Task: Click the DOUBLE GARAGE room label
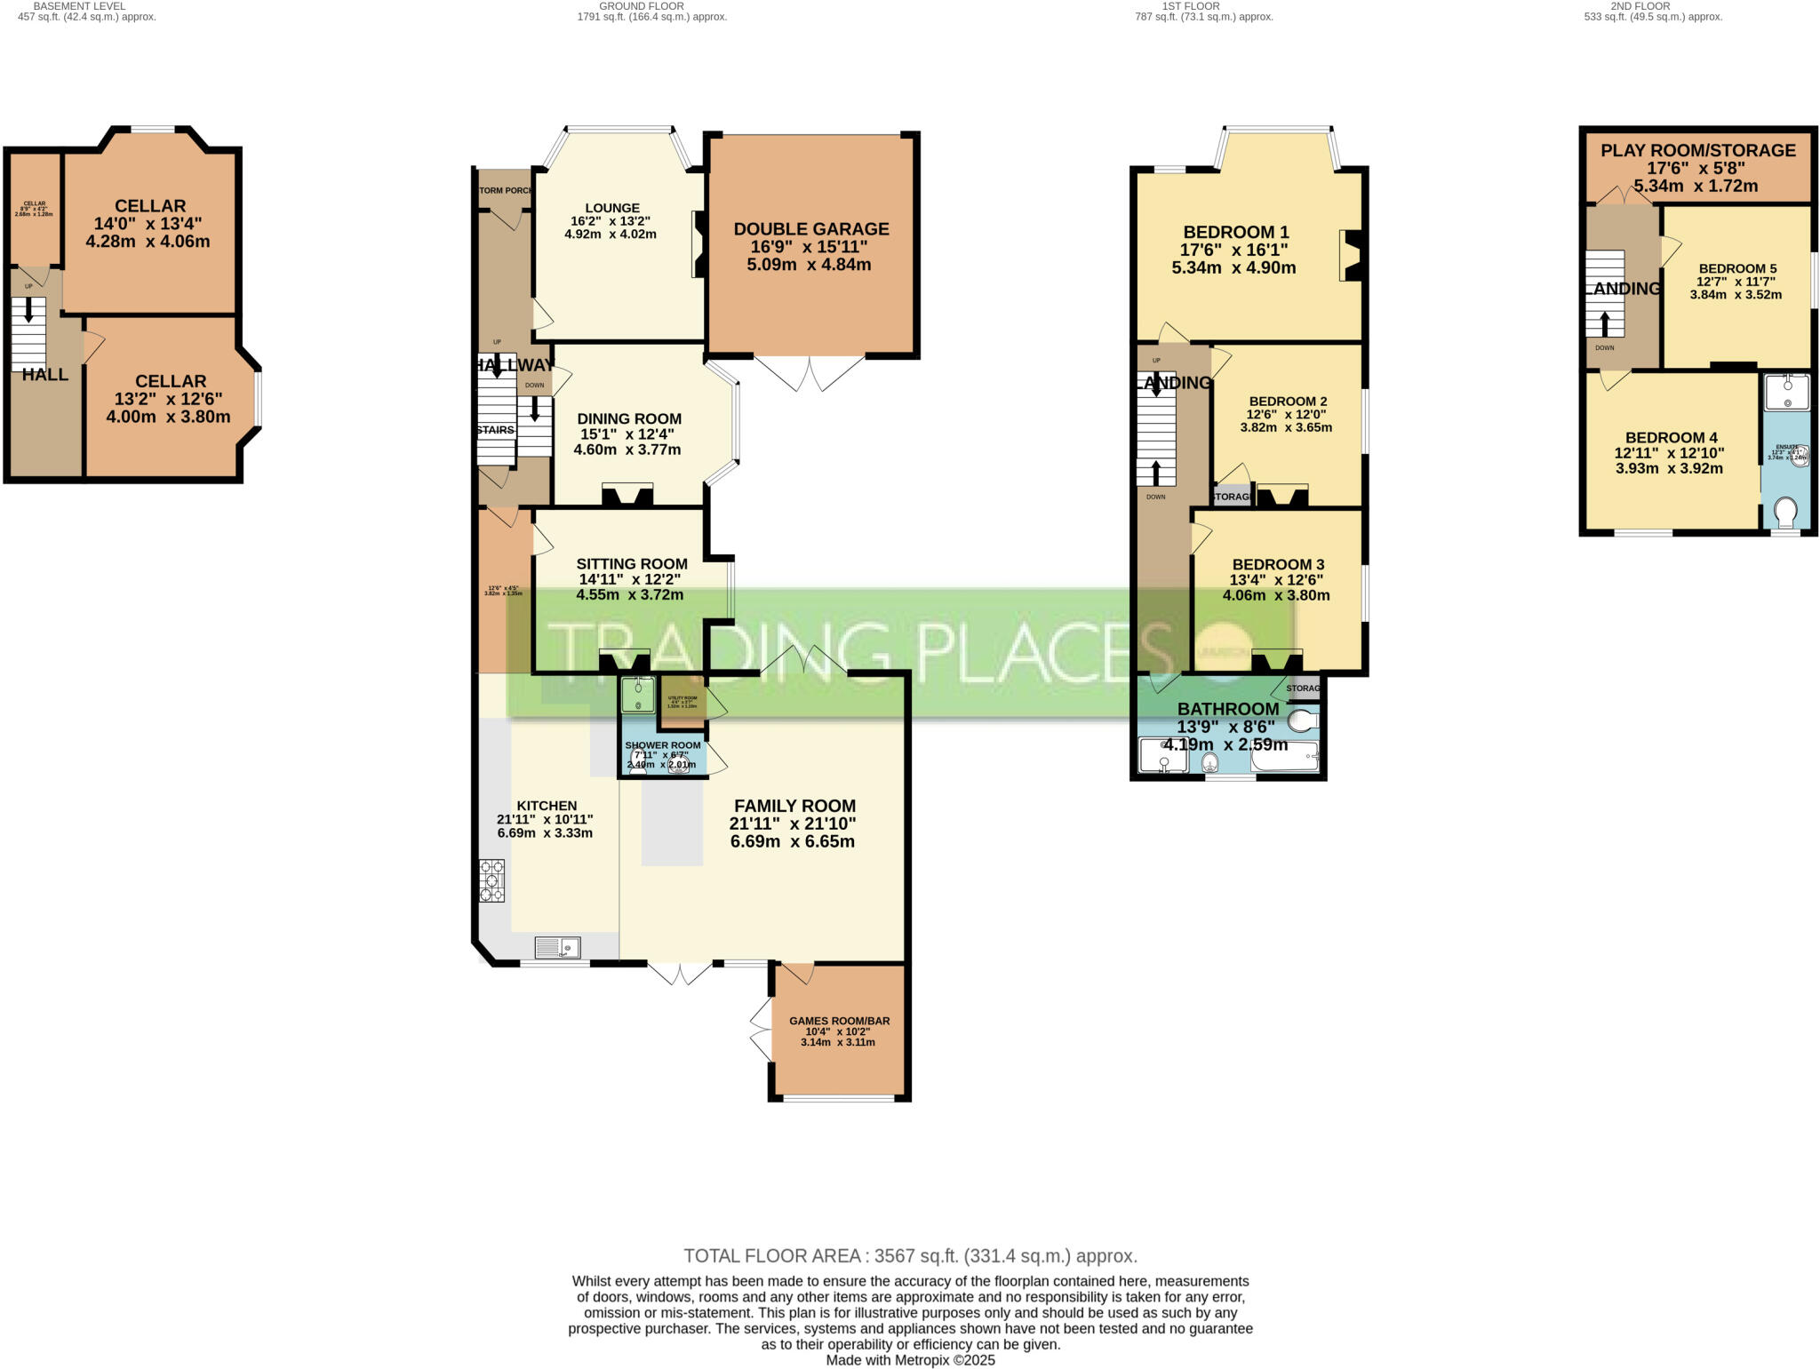(x=810, y=229)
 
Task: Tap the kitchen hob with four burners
(x=491, y=880)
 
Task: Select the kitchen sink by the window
(x=557, y=948)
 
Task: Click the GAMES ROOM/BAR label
(x=839, y=1021)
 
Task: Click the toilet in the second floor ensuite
(x=1785, y=513)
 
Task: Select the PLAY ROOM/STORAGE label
(x=1697, y=150)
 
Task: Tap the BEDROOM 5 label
(x=1736, y=268)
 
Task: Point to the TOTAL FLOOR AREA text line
(x=910, y=1255)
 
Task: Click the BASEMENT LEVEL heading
(x=79, y=6)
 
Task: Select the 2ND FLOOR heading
(x=1640, y=6)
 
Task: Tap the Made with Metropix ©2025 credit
(x=910, y=1360)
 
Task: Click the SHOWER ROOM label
(x=662, y=745)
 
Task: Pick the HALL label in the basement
(x=44, y=375)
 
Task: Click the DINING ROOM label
(x=628, y=418)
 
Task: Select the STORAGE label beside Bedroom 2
(x=1233, y=497)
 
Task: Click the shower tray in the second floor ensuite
(x=1786, y=392)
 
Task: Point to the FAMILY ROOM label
(x=794, y=807)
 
